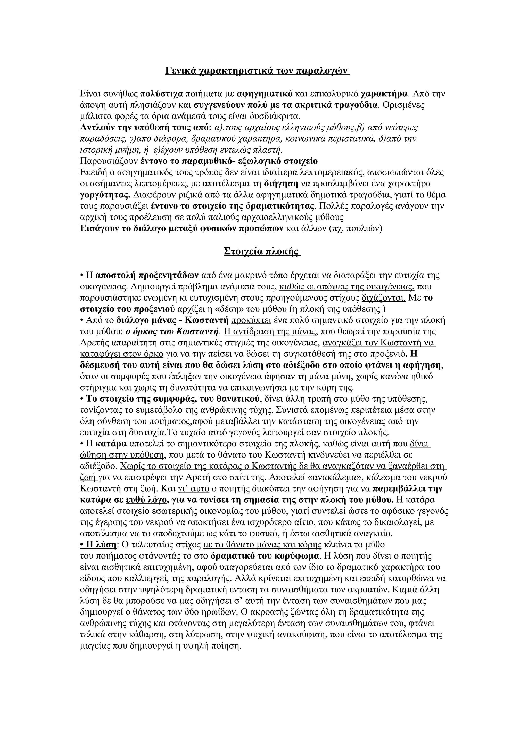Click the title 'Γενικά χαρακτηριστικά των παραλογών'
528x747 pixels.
tap(257, 71)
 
